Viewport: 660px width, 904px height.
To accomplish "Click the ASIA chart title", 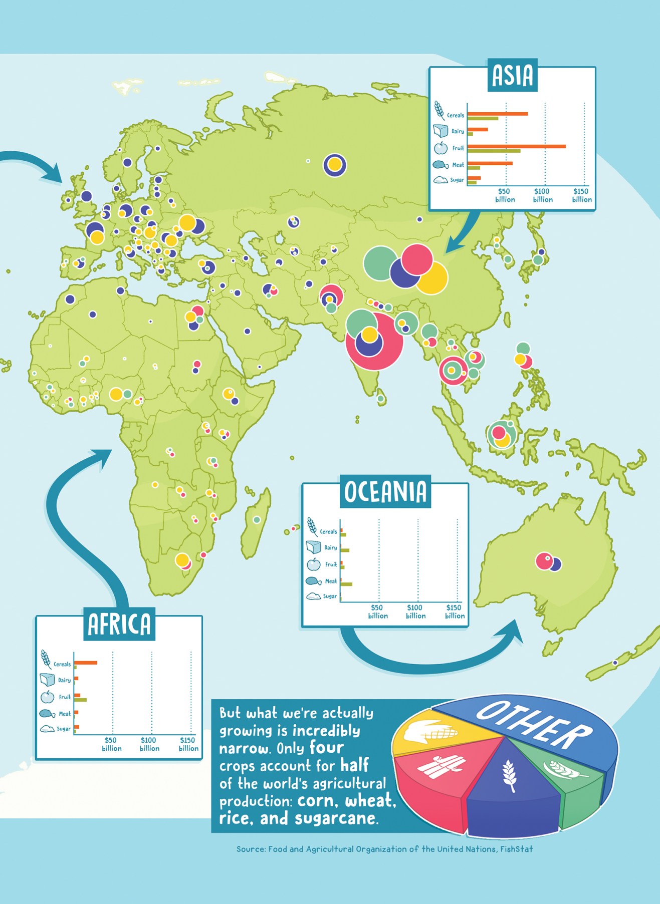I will [512, 75].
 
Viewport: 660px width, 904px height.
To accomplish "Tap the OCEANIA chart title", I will [385, 492].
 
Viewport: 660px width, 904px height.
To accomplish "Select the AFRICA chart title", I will [119, 624].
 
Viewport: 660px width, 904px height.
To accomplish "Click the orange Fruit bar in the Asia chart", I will [516, 146].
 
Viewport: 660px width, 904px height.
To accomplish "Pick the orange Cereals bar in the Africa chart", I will [86, 663].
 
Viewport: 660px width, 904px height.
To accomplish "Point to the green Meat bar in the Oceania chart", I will [346, 584].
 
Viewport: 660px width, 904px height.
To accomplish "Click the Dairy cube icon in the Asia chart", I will [441, 131].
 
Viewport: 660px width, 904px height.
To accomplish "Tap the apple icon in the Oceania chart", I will [314, 564].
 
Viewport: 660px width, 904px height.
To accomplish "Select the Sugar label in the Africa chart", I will [64, 729].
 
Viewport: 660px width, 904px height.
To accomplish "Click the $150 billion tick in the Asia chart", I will [581, 195].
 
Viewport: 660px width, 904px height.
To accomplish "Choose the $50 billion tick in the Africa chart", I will [111, 744].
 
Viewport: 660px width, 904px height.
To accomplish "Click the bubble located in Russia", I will [335, 165].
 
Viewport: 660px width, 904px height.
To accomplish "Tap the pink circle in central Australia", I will [543, 561].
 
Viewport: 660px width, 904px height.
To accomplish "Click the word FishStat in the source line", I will [516, 849].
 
